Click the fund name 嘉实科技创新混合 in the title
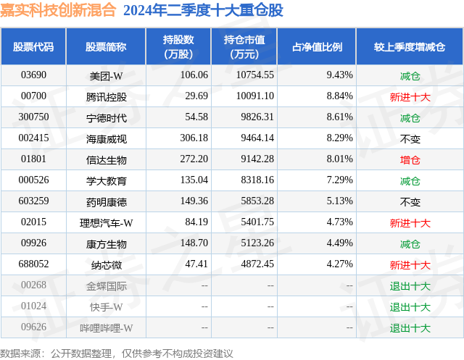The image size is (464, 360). click(x=58, y=10)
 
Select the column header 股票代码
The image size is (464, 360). click(x=33, y=46)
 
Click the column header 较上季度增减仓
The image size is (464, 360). click(x=410, y=46)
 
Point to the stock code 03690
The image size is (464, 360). click(x=33, y=75)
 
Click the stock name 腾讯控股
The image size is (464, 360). click(x=106, y=96)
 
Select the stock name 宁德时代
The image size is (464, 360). click(x=106, y=117)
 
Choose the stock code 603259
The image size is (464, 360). click(x=33, y=201)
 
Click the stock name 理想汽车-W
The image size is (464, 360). click(x=106, y=222)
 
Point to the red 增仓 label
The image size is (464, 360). click(x=410, y=159)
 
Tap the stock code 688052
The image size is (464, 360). click(x=33, y=264)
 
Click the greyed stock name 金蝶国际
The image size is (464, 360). click(x=106, y=285)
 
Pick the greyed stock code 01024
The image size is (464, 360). click(x=33, y=306)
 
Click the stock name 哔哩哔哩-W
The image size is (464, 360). click(x=106, y=327)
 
